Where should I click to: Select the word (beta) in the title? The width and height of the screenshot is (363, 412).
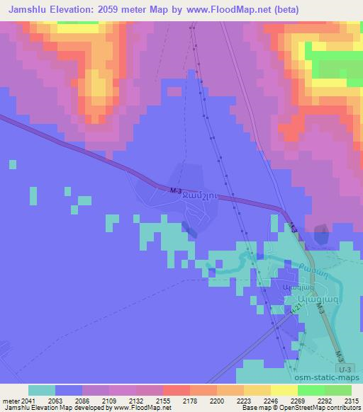288,10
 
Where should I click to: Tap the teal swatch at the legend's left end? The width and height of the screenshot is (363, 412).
42,390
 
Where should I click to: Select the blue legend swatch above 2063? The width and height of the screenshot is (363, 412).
69,390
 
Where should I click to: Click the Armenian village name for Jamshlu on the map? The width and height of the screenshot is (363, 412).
194,199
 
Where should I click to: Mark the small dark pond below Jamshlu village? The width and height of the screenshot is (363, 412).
190,228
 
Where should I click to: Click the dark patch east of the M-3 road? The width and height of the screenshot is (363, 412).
321,234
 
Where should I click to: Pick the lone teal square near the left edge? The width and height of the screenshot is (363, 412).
13,164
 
